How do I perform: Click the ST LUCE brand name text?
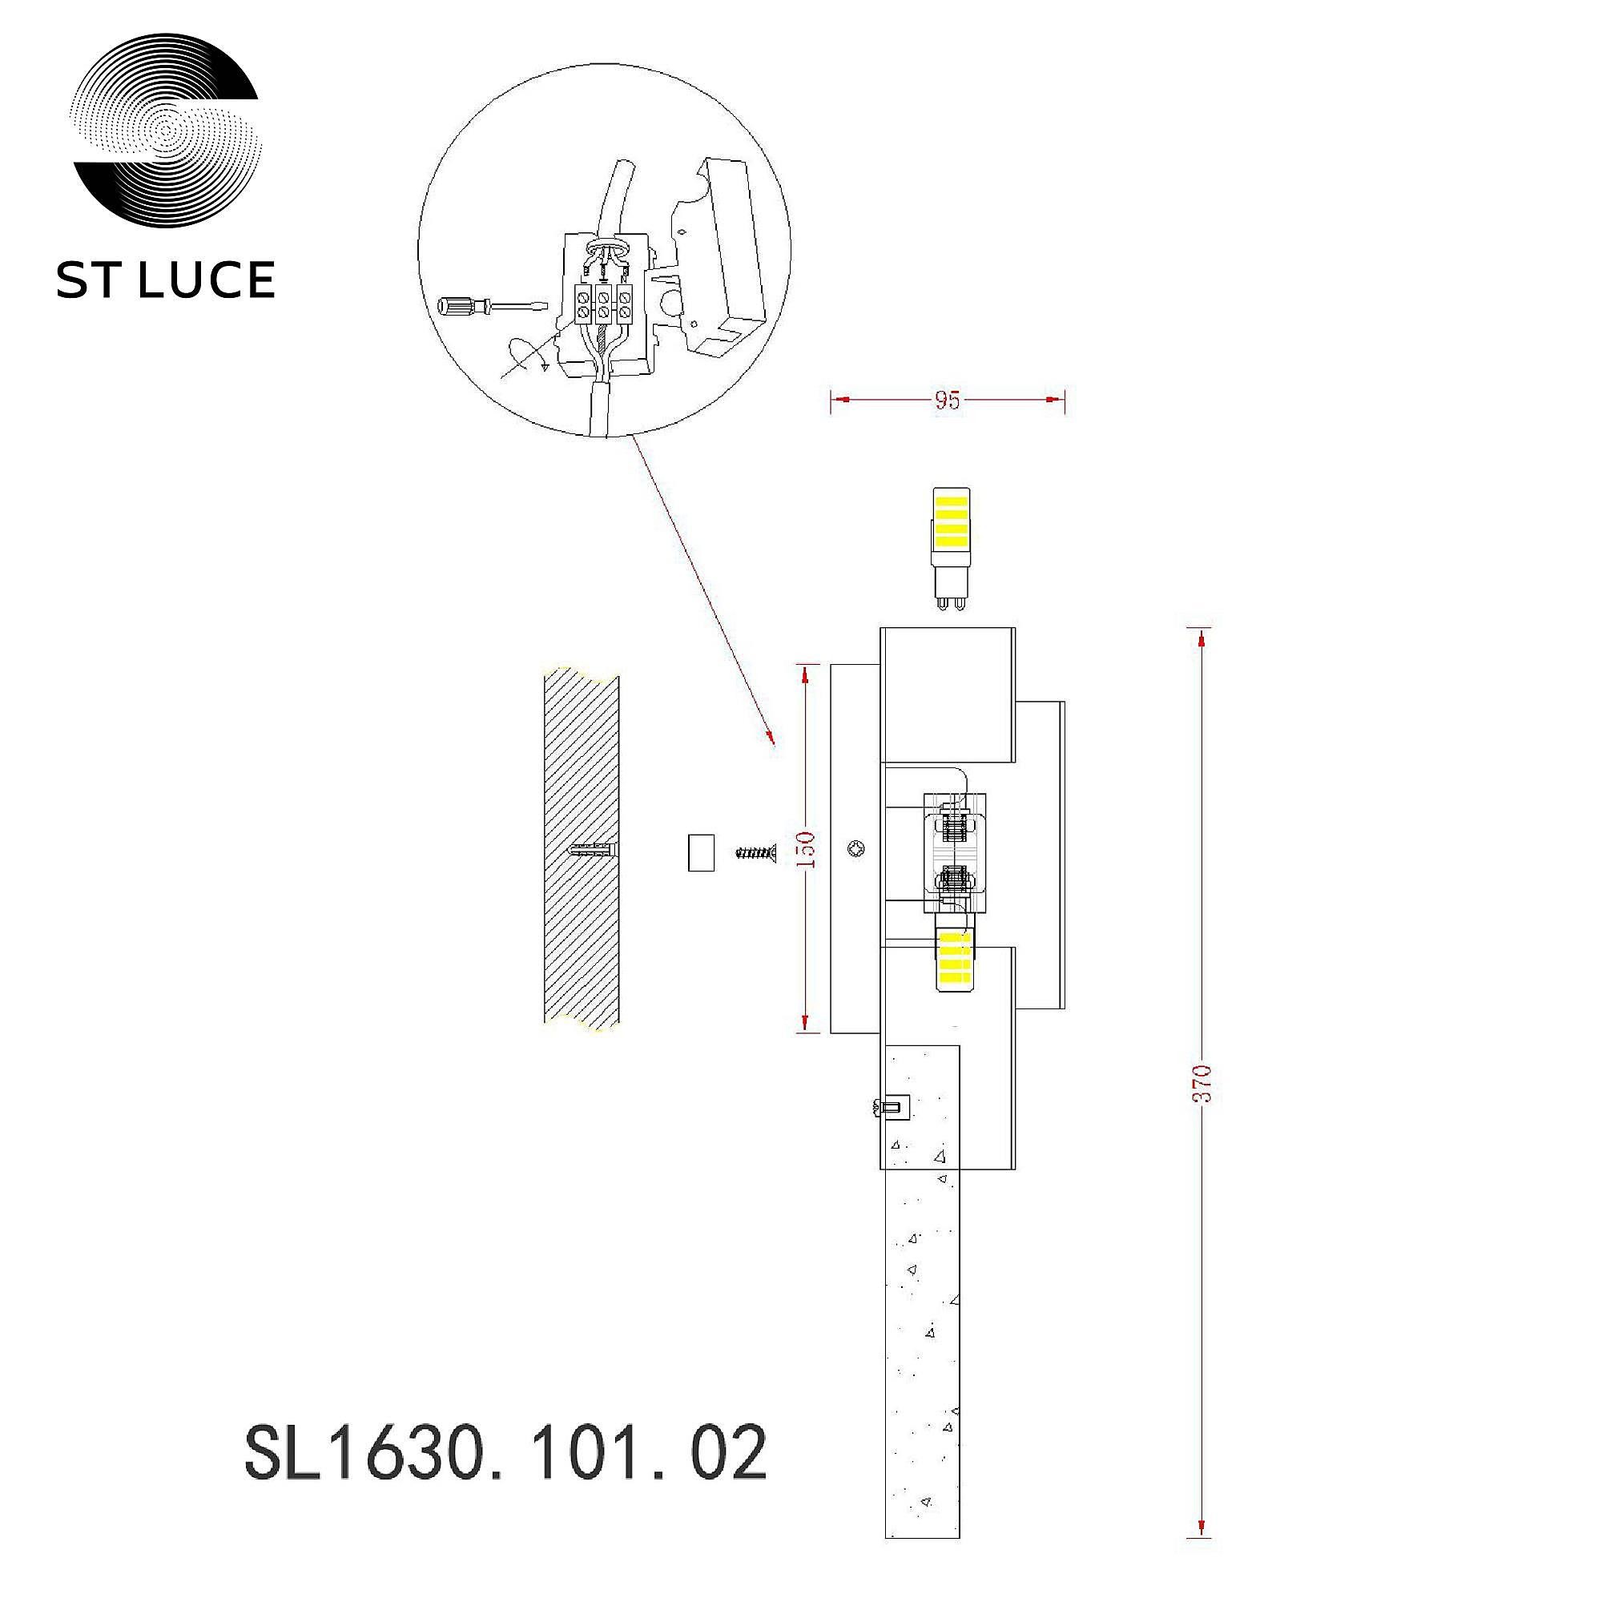point(165,280)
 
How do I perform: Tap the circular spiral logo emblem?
point(167,131)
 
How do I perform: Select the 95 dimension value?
point(947,400)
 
